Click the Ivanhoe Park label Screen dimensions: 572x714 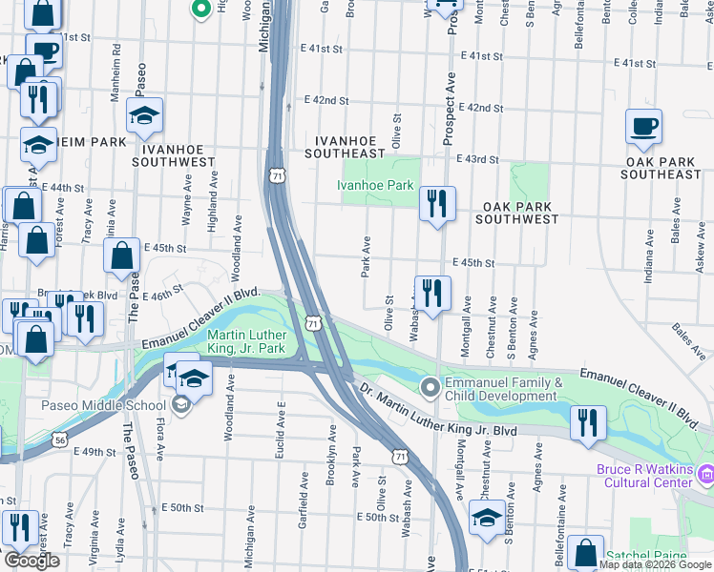[379, 185]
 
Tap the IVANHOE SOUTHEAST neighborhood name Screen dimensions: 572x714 [345, 147]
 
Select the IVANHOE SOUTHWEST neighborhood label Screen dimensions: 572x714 [178, 156]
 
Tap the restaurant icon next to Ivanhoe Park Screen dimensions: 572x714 [437, 204]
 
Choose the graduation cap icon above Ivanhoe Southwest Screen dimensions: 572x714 [145, 117]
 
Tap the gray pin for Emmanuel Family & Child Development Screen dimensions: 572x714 [430, 386]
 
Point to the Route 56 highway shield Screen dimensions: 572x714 [60, 439]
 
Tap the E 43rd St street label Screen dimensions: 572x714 [477, 160]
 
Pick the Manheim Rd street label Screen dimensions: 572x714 [115, 63]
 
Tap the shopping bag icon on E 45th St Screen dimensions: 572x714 [122, 256]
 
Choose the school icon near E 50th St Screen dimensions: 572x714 [487, 519]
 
